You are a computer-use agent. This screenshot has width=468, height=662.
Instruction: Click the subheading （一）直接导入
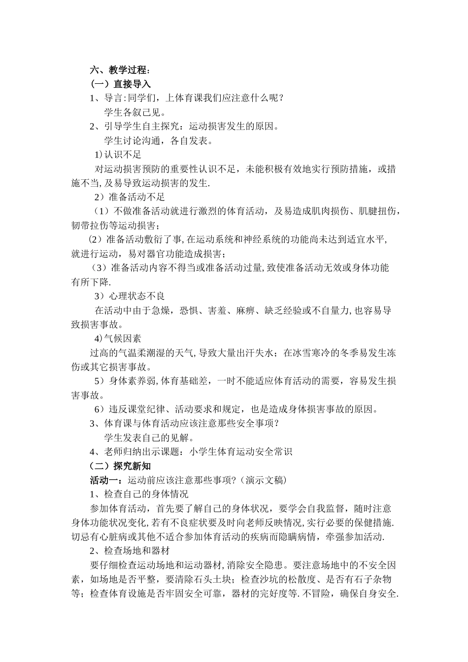click(120, 84)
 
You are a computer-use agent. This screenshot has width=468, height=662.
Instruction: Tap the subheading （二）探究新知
click(120, 465)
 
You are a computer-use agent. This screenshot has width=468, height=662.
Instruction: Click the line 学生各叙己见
click(134, 112)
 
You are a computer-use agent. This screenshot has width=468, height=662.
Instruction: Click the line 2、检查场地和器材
click(130, 551)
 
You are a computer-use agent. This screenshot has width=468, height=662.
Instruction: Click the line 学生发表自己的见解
click(148, 437)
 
